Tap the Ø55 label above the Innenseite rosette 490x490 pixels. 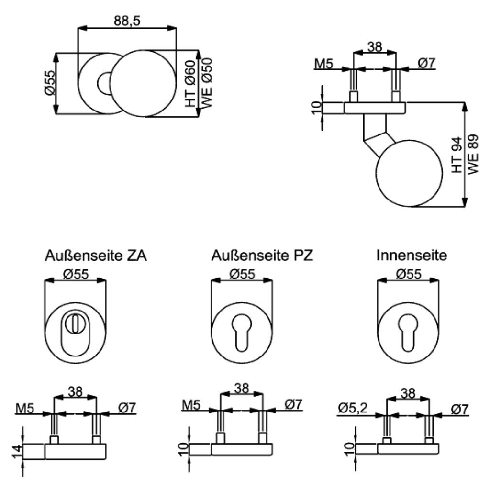coord(408,274)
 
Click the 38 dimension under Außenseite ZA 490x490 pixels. coord(75,392)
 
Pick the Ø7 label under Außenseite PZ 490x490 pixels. coord(293,405)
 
